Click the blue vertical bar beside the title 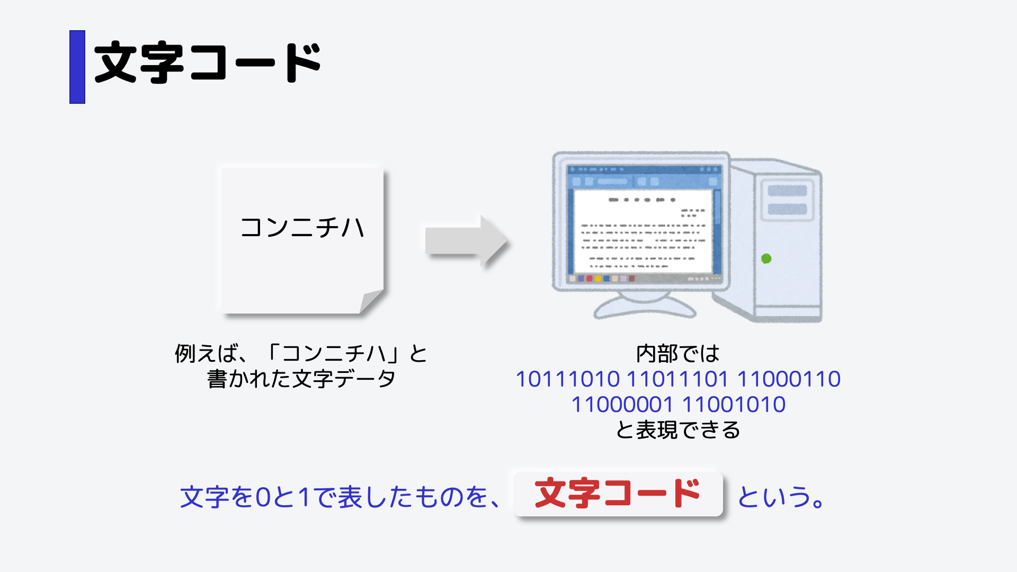coord(77,67)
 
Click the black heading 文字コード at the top coord(208,63)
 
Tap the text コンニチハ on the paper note coord(302,228)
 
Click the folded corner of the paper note coord(371,301)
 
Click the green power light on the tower coord(766,258)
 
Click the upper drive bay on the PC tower coord(787,191)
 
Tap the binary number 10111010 coord(567,379)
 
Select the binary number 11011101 coord(677,379)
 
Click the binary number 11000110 coord(789,379)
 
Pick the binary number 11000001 coord(622,405)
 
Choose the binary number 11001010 coord(734,405)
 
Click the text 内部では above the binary coord(677,354)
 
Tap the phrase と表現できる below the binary coord(677,430)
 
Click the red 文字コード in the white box coord(618,494)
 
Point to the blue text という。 coord(781,497)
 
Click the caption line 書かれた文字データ coord(301,379)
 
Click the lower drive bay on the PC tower coord(787,209)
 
